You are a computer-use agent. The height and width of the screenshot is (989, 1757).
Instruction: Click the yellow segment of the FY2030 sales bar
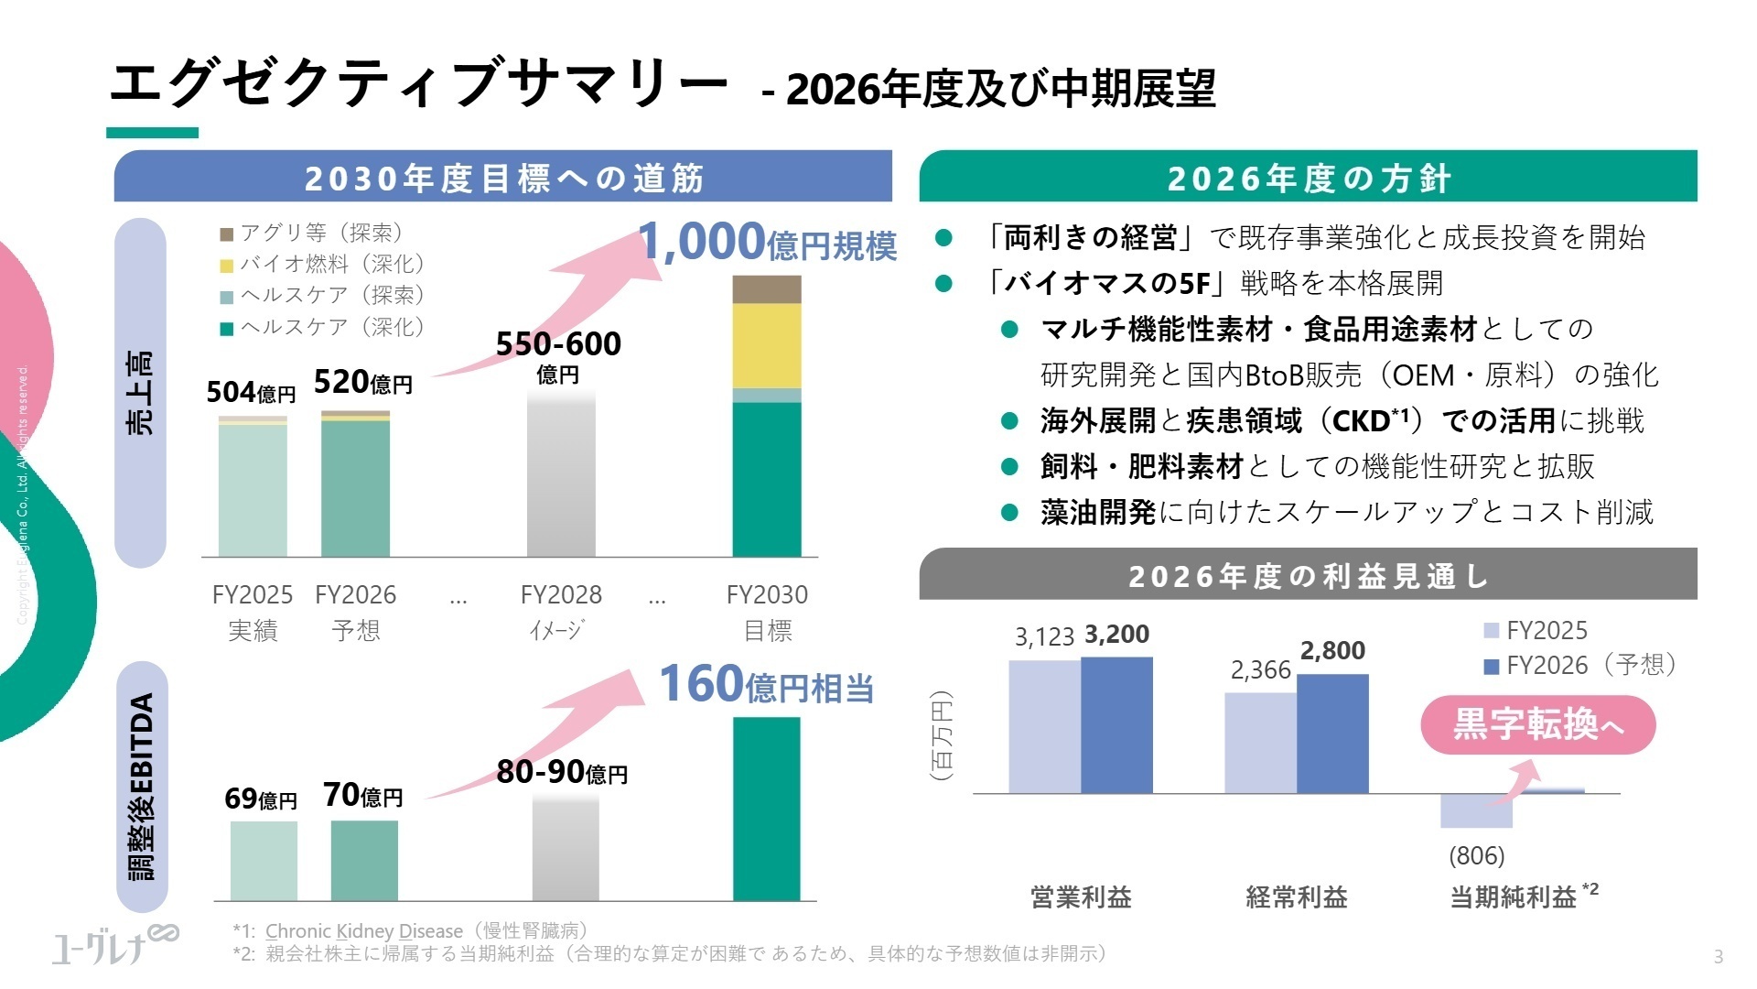pos(766,345)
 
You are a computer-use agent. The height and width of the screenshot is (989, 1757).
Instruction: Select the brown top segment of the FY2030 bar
pos(766,288)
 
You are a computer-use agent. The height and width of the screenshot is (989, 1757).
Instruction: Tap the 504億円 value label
pos(251,392)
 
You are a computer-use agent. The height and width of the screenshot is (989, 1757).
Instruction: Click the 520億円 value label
pos(362,382)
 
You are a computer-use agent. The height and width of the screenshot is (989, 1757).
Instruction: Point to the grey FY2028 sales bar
pos(561,476)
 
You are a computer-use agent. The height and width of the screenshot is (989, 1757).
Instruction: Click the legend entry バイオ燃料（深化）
pos(323,264)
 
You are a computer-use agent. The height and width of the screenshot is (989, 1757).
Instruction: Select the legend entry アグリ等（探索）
pos(312,233)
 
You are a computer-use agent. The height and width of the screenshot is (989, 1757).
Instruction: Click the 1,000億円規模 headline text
pos(767,243)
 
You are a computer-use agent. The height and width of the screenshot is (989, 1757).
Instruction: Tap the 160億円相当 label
pos(766,685)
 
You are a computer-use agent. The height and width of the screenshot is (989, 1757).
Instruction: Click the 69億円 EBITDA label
pos(261,799)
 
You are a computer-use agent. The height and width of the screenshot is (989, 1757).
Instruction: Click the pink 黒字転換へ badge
pos(1537,725)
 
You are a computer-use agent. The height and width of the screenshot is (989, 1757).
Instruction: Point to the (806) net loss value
pos(1476,855)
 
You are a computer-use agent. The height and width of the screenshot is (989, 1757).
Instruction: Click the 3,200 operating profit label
pos(1116,634)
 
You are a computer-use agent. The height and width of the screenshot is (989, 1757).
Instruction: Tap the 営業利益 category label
pos(1081,897)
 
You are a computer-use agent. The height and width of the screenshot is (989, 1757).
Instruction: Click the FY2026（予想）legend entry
pos(1580,665)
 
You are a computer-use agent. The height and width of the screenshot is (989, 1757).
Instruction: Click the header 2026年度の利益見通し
pos(1308,576)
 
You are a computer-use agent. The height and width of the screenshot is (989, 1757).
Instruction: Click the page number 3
pos(1718,957)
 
